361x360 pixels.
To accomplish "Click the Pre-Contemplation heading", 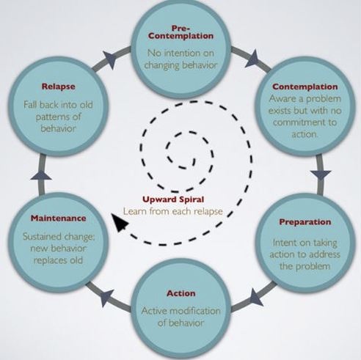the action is pos(180,32).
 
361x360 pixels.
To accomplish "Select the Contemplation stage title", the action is pos(305,87).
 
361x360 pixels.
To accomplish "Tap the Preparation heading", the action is pos(305,222).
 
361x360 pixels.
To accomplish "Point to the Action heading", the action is pos(181,293).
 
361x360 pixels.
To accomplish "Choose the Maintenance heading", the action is pos(58,218).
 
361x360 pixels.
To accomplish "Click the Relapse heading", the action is pos(58,87).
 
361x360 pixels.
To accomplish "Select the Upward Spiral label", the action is pos(173,199).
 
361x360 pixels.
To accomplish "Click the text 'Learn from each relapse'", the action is pos(173,211).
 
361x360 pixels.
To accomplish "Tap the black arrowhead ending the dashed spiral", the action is pos(119,222).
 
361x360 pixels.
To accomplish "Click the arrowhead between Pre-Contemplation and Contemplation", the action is pos(253,59).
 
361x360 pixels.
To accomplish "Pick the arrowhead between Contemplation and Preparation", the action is pos(321,175).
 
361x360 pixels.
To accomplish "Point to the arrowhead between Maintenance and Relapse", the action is pos(41,175).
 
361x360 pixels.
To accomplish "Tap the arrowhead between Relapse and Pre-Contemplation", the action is pos(110,59).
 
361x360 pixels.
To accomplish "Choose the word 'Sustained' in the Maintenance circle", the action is pos(42,236).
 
